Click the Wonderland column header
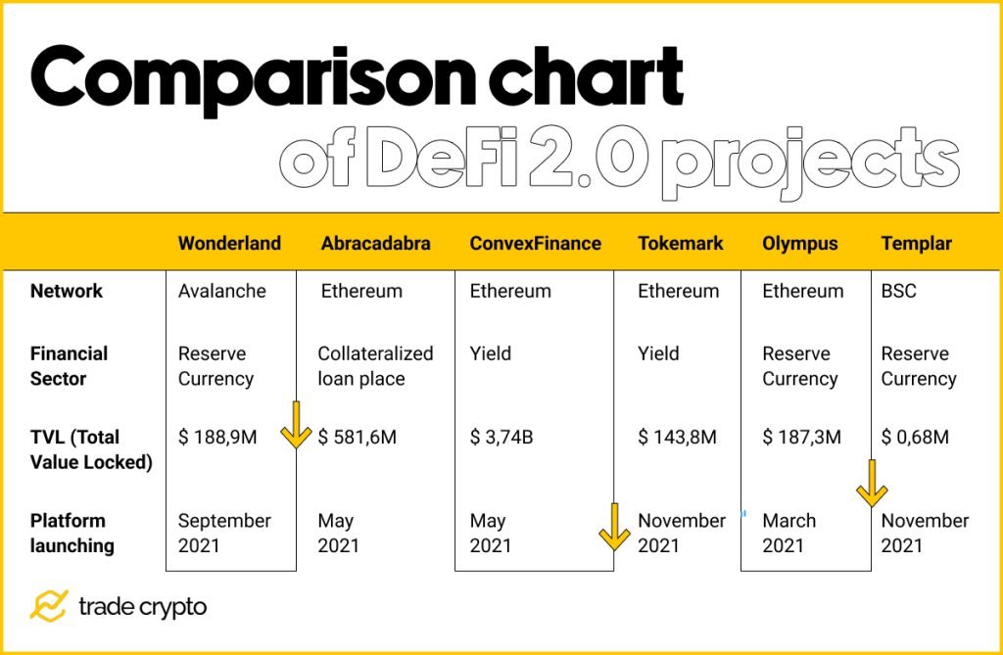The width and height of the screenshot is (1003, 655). pos(229,244)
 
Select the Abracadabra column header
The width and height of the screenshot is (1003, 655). pos(375,244)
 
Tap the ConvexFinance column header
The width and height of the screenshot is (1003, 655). pos(535,244)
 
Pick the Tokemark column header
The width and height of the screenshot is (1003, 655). pos(680,244)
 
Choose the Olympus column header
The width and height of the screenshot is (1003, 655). pos(799,244)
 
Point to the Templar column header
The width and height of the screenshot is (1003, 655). pos(916,244)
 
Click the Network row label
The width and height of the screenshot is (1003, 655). pos(67,291)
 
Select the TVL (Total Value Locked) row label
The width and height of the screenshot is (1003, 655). pos(91,449)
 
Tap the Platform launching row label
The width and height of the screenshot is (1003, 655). pos(72,533)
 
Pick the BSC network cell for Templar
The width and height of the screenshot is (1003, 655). pos(899,291)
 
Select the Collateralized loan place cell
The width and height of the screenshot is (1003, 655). pos(375,365)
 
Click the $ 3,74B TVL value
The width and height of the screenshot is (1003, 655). pos(501,437)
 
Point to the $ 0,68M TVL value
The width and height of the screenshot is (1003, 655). pos(915,437)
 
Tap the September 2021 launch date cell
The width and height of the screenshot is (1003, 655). pos(224,533)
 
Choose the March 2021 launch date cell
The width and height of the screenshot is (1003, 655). pos(788,533)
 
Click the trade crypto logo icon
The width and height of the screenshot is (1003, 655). pos(48,606)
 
